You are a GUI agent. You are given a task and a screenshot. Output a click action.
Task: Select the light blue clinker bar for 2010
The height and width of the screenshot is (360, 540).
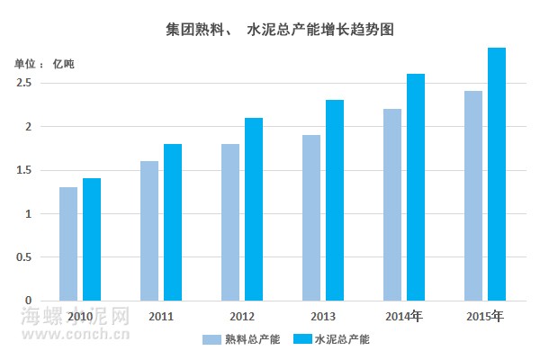68,243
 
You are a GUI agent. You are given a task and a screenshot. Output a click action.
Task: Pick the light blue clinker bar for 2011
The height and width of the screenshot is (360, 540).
149,230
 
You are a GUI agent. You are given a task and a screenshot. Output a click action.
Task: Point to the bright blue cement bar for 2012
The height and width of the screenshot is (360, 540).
254,209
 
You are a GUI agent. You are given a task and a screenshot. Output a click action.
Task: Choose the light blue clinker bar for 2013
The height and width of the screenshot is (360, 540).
311,217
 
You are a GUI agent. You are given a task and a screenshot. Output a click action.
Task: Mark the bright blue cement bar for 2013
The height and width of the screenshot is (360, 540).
335,200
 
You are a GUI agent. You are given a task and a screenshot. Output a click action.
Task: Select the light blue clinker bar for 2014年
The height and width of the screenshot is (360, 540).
391,204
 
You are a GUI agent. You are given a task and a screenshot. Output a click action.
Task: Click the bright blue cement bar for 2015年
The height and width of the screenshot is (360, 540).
497,174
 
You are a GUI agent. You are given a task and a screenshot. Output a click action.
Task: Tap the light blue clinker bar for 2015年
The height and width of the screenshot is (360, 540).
473,195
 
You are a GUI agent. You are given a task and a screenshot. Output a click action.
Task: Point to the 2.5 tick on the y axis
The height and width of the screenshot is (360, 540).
24,83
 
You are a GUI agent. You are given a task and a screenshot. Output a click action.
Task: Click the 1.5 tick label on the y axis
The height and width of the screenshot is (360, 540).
24,170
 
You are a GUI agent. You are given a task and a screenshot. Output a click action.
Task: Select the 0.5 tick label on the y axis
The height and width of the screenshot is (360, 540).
24,257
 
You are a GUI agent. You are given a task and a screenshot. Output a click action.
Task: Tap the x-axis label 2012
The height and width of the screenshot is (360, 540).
242,317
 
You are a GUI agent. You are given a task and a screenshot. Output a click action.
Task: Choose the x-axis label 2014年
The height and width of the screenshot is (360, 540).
404,317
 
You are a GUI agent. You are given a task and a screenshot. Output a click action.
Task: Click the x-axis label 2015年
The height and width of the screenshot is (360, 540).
486,317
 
